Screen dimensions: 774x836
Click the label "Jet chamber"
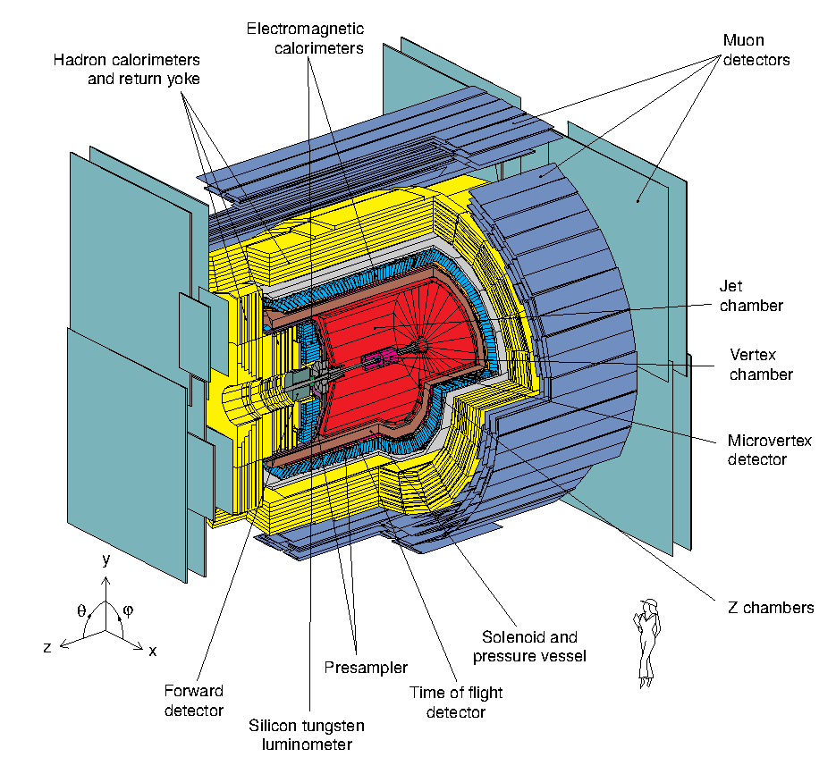751,296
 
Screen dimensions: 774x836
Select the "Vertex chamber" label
761,364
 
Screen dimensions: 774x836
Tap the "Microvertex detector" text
756,450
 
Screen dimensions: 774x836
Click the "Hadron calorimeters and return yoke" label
138,69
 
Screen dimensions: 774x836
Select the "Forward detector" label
193,701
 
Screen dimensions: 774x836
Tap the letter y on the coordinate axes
106,560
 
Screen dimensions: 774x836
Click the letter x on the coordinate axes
153,651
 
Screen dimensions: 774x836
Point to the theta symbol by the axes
81,612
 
